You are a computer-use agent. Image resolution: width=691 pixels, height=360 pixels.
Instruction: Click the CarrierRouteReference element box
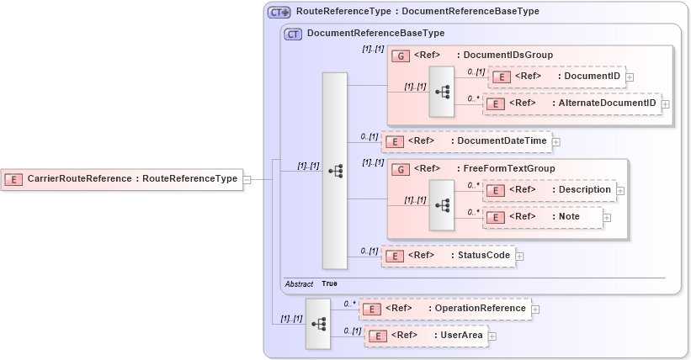coord(121,179)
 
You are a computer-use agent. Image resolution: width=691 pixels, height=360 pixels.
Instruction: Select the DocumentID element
coord(555,77)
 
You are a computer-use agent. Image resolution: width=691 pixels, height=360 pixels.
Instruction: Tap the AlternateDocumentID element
coord(571,103)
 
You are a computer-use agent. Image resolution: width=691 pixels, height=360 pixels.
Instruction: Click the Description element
coord(549,190)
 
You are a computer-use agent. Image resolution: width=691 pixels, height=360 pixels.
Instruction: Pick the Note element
coord(542,217)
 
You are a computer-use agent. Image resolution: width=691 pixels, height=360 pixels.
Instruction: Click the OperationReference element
coord(444,309)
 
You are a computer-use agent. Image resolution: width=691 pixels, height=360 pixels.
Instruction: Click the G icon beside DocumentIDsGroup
coord(401,56)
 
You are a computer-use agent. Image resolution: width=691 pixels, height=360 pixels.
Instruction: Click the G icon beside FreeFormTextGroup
coord(401,169)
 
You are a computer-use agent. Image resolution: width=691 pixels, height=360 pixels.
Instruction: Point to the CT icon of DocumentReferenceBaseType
coord(293,34)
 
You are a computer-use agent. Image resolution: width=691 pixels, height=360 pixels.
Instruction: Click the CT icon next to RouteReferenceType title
coord(279,13)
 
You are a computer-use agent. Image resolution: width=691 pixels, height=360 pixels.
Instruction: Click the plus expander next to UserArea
coord(493,336)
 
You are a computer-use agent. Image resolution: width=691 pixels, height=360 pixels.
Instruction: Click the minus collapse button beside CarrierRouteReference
coord(247,179)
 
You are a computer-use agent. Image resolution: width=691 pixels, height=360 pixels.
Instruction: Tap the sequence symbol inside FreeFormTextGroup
coord(442,204)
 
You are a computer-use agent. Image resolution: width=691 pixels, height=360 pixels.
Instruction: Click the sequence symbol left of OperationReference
coord(319,323)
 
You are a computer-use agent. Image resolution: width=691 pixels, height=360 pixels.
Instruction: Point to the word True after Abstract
coord(330,284)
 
